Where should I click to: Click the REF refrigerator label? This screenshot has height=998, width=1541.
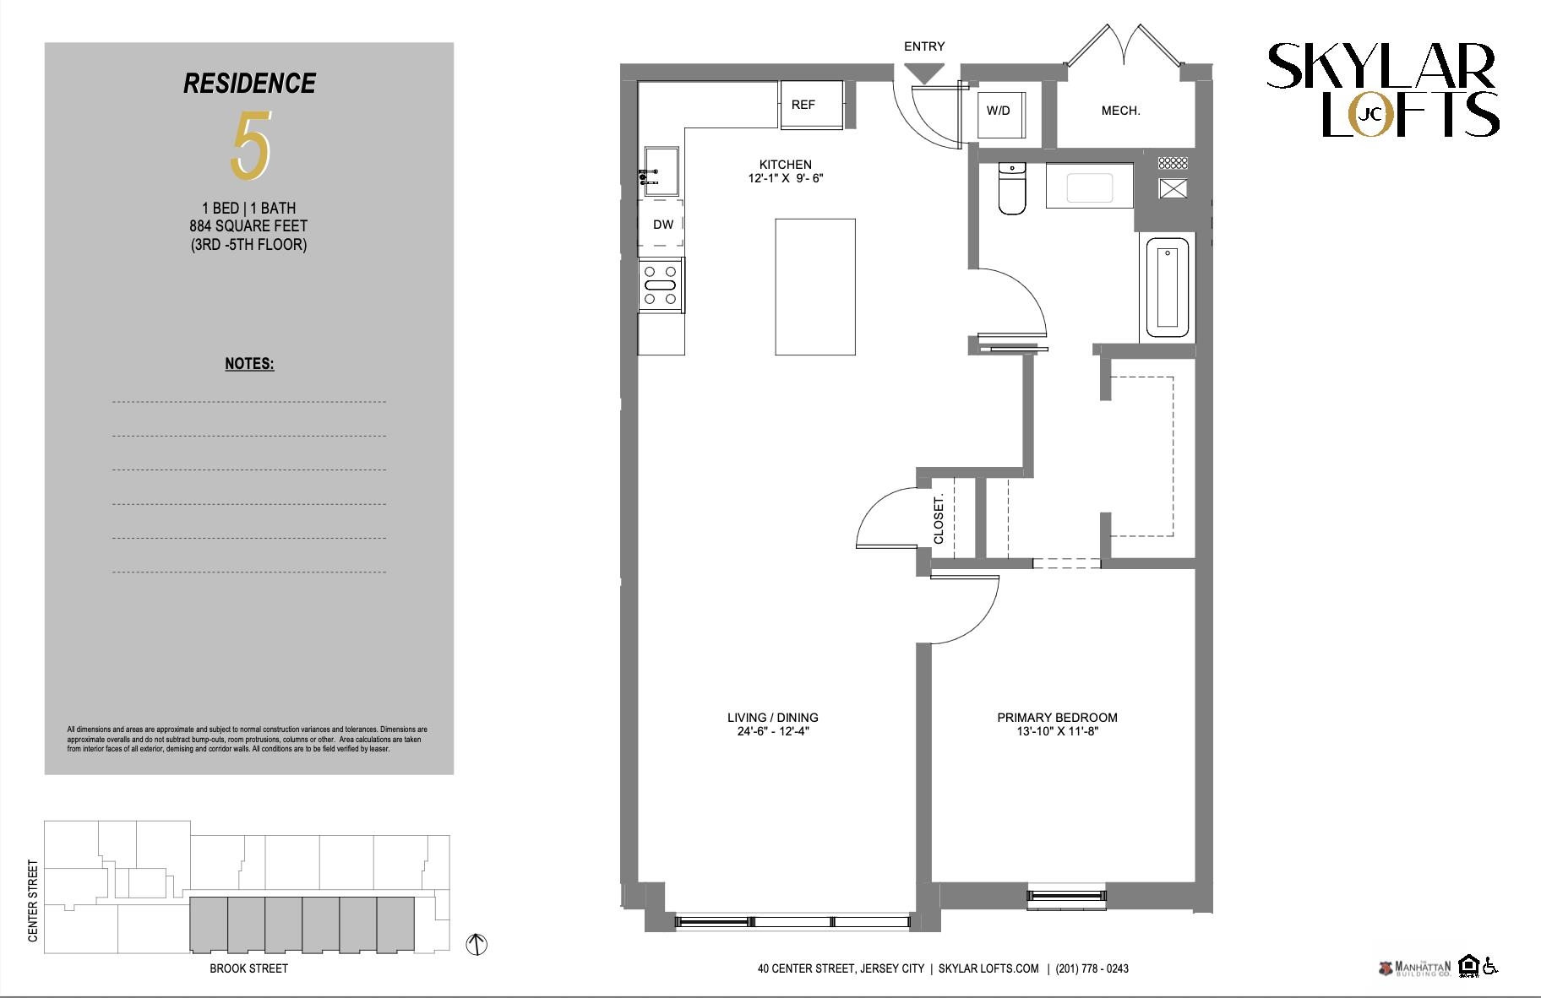[x=803, y=105]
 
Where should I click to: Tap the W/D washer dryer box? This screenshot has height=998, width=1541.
[x=999, y=111]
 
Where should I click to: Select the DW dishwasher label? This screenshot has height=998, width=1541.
[x=663, y=225]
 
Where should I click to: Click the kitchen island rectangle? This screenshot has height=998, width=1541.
[x=815, y=287]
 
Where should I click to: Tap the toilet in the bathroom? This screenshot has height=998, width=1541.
[x=1011, y=188]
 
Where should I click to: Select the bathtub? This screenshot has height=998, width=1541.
[x=1168, y=288]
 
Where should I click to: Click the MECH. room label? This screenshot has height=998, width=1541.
[x=1121, y=111]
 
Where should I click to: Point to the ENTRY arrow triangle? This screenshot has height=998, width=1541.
[x=926, y=74]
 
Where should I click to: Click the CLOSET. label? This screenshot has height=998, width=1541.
[x=939, y=519]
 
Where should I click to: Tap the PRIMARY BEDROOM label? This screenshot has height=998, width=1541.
[x=1058, y=718]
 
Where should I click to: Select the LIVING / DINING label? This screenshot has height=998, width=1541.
[x=773, y=718]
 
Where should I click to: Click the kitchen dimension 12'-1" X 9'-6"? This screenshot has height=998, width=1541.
[x=786, y=178]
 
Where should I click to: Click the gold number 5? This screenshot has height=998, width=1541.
[x=251, y=145]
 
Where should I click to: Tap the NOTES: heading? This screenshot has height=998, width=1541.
[x=249, y=364]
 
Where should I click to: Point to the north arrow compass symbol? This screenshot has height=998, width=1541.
[x=477, y=944]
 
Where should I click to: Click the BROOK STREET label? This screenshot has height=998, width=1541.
[x=249, y=968]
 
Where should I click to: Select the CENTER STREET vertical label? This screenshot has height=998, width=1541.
[x=34, y=901]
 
